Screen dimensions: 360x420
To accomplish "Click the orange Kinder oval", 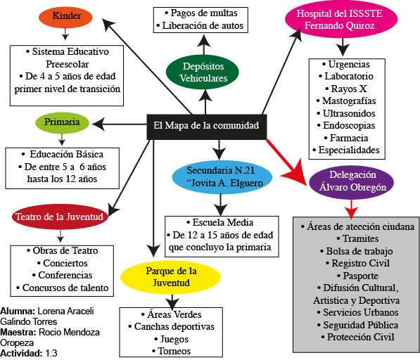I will pyautogui.click(x=65, y=17).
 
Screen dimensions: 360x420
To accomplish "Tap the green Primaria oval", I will pyautogui.click(x=62, y=122).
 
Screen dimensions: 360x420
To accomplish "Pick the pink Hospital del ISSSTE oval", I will pyautogui.click(x=340, y=20).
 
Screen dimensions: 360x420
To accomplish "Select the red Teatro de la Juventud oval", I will pyautogui.click(x=60, y=217).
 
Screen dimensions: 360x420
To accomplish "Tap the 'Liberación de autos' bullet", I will pyautogui.click(x=201, y=25).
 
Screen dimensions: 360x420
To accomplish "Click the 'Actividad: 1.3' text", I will pyautogui.click(x=29, y=353).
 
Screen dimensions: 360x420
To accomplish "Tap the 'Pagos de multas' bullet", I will pyautogui.click(x=200, y=13).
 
